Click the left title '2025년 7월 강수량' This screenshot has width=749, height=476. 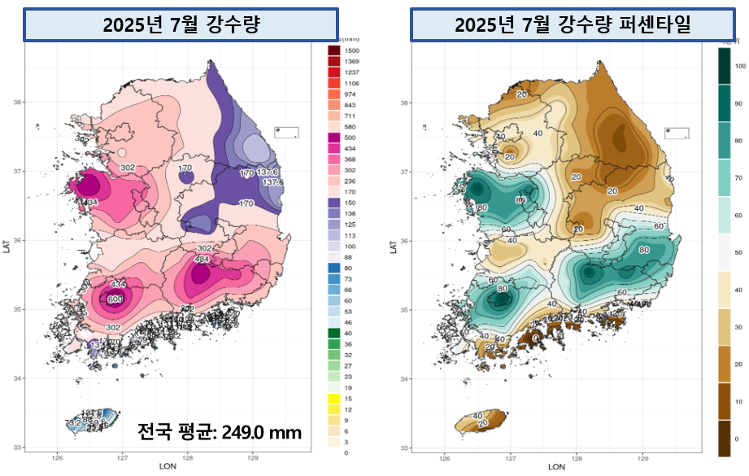[x=181, y=24]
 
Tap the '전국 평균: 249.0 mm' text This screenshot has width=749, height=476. [x=219, y=431]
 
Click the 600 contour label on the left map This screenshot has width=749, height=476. [x=115, y=299]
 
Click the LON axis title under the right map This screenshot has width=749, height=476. [x=556, y=467]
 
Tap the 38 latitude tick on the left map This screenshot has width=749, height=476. [x=16, y=102]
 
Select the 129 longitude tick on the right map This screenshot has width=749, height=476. [x=642, y=457]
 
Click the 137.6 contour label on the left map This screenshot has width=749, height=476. [x=268, y=172]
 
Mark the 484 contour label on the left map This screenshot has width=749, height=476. [x=202, y=259]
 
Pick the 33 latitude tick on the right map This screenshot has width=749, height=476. [x=404, y=447]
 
